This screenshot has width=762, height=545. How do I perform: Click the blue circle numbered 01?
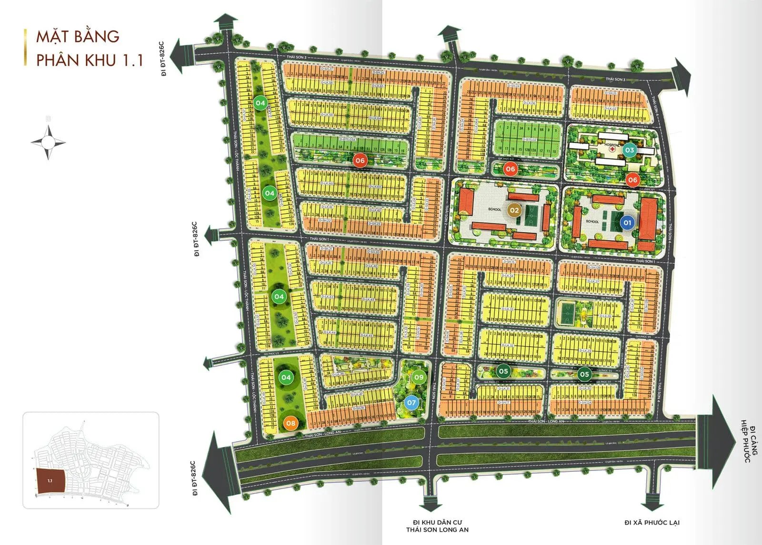coord(627,223)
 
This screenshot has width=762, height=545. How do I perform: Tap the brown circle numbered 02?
coord(514,210)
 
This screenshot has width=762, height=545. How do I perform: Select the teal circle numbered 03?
coord(630,150)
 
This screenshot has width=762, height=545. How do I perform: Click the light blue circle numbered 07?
coord(411,403)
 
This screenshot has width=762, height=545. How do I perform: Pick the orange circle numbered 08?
coord(290,423)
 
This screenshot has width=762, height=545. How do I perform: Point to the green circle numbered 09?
coord(419,377)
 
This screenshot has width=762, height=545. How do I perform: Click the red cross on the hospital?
coord(612,149)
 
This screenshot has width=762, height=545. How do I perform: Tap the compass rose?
coord(48,142)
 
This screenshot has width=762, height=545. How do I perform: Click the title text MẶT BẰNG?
coord(78,37)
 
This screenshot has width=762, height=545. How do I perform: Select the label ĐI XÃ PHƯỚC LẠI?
coord(652,523)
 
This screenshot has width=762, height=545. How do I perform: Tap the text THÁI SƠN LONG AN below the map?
coord(437,530)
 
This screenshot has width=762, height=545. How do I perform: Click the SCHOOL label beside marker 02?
coord(494,209)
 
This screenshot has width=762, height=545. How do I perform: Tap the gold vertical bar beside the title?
coord(25,47)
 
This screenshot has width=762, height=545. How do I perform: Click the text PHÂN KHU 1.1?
coord(90,60)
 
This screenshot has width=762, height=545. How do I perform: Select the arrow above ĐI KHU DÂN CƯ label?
coord(431,501)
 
